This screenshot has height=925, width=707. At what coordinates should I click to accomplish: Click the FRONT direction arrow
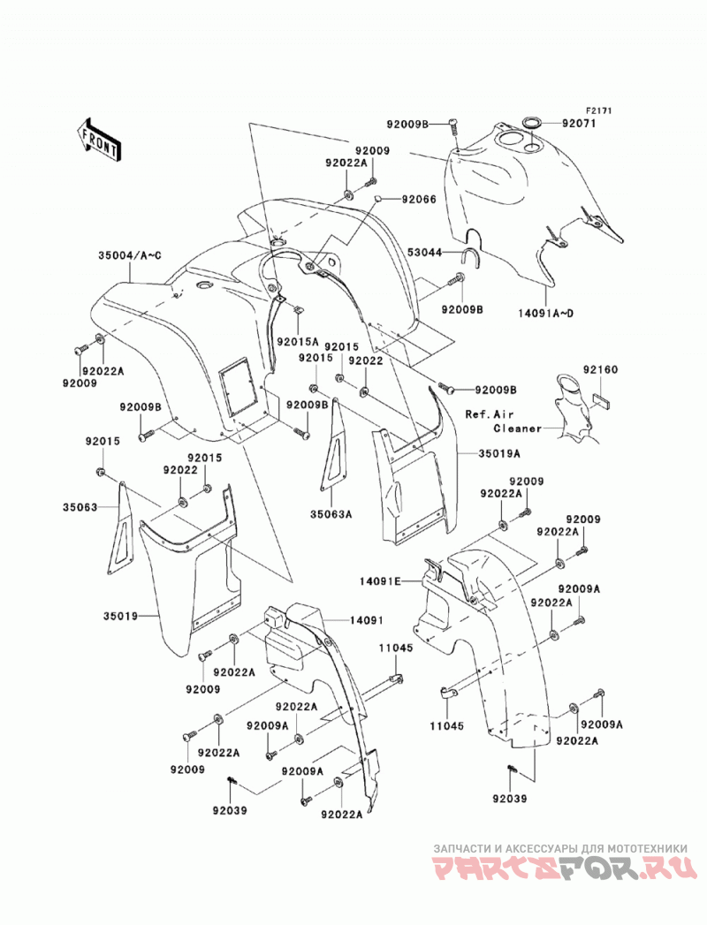[99, 140]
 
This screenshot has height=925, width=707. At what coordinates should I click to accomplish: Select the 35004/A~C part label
[130, 255]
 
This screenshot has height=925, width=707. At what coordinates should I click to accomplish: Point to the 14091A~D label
[546, 314]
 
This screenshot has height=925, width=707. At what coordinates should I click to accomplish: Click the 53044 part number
[424, 253]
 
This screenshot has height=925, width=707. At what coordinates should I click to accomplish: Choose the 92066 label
[419, 200]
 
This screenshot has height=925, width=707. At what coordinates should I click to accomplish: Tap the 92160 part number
[600, 370]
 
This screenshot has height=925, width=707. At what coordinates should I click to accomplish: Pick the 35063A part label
[331, 514]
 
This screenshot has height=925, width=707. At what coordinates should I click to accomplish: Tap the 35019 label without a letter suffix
[120, 617]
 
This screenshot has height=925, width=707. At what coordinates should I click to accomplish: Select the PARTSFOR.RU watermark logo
[560, 869]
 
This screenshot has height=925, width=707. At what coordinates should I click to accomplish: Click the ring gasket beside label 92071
[532, 124]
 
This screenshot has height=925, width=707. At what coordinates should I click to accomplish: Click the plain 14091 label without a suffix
[367, 620]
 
